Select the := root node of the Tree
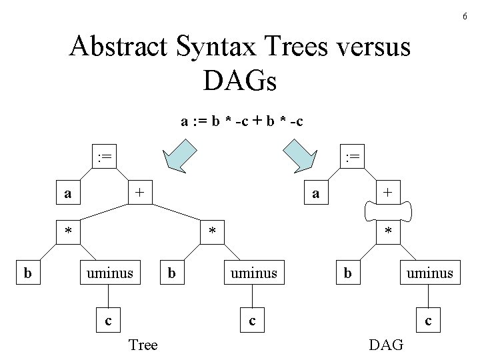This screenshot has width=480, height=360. pyautogui.click(x=104, y=158)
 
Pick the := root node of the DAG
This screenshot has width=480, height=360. pyautogui.click(x=350, y=158)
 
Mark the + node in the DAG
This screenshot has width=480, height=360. pyautogui.click(x=388, y=193)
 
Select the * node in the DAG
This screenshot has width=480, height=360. pyautogui.click(x=388, y=233)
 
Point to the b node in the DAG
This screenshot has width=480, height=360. pyautogui.click(x=347, y=273)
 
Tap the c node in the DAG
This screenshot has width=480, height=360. pyautogui.click(x=428, y=321)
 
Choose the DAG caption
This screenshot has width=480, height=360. pyautogui.click(x=386, y=345)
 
